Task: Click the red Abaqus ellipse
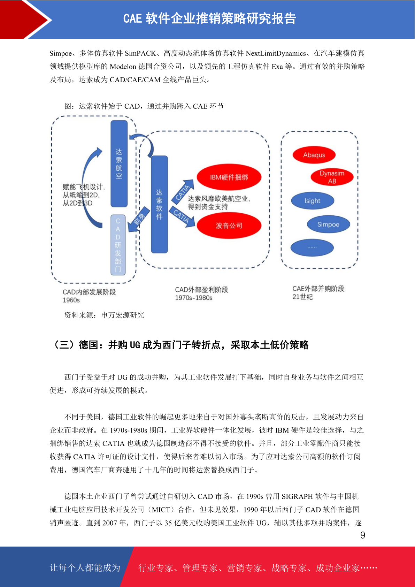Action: point(314,155)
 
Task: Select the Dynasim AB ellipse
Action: point(332,177)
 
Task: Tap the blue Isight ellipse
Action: point(313,201)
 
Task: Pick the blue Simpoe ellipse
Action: point(328,224)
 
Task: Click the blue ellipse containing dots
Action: point(312,247)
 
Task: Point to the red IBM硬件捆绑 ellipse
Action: point(229,177)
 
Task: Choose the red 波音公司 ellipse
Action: point(229,226)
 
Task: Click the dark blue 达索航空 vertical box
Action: point(119,164)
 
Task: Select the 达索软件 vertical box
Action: point(159,204)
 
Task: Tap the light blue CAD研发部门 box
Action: point(118,245)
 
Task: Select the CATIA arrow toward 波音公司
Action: point(182,216)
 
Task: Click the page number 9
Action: point(363,535)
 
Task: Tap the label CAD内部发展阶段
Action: point(89,292)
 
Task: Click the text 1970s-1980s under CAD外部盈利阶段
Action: point(194,298)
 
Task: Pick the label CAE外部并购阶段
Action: point(318,289)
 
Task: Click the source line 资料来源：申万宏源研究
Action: point(104,315)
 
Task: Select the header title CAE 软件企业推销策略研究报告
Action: point(210,18)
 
